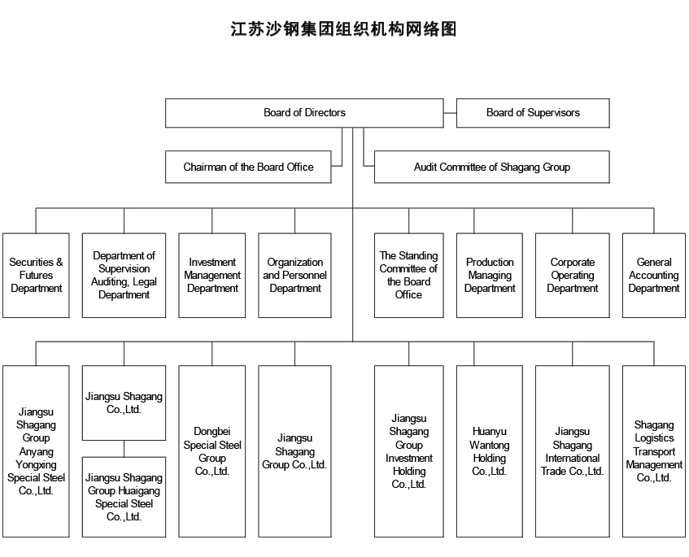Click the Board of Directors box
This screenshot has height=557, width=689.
pos(304,113)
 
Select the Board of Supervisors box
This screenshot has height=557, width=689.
pos(533,113)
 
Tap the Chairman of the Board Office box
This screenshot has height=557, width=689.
pos(248,167)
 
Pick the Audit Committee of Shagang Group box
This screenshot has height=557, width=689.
pos(491,167)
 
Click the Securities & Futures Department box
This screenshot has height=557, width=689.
pos(36,275)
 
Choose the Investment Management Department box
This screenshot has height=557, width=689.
pos(211,275)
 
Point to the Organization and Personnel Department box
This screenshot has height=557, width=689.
pos(294,275)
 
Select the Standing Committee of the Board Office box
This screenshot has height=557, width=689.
pos(408,275)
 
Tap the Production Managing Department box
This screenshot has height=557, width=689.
pos(490,275)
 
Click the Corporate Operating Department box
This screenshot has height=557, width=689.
pos(572,275)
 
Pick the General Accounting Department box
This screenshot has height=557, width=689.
pos(654,275)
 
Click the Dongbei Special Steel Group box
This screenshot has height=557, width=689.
pos(211,451)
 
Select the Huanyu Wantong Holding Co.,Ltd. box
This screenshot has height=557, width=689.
pos(490,451)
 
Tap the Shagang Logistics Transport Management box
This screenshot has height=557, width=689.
pos(654,451)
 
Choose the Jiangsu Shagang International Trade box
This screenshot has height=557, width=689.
pos(572,451)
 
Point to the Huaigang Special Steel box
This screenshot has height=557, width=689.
pos(124,497)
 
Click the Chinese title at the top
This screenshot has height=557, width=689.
pos(343,29)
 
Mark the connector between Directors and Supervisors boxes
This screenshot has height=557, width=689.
pos(450,113)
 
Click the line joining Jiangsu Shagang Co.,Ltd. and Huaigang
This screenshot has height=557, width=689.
pos(124,449)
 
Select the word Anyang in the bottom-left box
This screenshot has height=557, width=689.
pos(36,451)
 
